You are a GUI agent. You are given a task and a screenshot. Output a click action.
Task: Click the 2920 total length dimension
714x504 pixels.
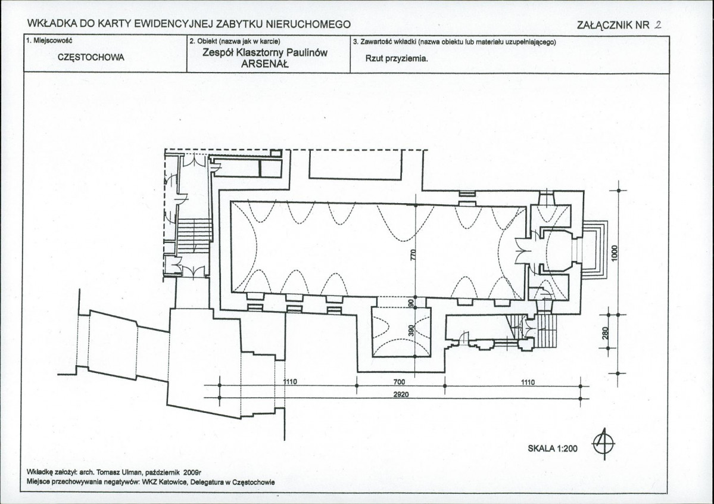(x=401, y=394)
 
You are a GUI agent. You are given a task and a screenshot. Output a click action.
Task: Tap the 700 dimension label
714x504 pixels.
(x=399, y=382)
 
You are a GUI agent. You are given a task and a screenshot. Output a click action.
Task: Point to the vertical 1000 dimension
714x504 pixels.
(x=615, y=253)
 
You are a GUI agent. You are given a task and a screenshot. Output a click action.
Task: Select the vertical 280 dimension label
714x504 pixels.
(x=606, y=334)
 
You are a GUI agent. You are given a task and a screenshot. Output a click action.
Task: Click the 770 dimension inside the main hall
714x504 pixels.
(x=413, y=254)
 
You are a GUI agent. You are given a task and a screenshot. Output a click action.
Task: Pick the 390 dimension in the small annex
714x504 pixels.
(x=411, y=331)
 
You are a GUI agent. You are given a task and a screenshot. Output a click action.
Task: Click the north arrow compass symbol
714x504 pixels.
(x=603, y=443)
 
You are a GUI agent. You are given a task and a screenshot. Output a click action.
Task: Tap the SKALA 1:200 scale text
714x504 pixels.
(x=553, y=449)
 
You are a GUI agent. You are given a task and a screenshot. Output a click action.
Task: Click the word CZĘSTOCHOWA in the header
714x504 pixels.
(x=91, y=57)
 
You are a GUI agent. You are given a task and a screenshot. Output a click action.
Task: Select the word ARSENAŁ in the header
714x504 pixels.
(x=265, y=64)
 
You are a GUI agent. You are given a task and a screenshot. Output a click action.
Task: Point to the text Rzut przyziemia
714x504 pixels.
(x=397, y=58)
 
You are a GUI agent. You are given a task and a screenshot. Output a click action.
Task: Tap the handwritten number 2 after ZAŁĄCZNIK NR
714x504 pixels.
(x=657, y=24)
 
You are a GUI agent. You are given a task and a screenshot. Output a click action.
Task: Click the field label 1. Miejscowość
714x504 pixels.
(x=49, y=41)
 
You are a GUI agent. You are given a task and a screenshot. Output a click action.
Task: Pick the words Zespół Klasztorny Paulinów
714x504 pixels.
(x=265, y=52)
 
